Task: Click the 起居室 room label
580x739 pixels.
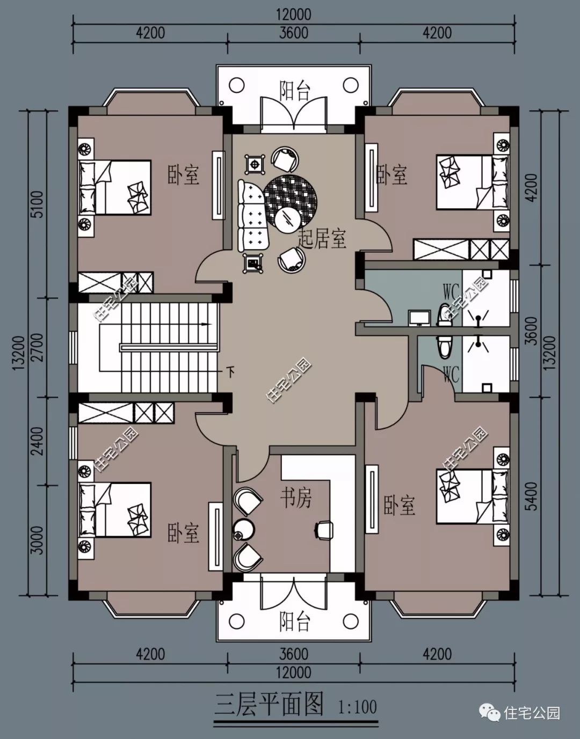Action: click(322, 238)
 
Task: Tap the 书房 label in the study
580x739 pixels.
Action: click(295, 499)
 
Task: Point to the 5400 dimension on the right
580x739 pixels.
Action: click(531, 496)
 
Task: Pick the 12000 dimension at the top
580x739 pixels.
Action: click(294, 15)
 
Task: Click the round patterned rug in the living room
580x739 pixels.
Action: click(290, 201)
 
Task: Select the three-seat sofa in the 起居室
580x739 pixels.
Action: click(253, 215)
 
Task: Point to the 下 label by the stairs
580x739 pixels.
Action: click(230, 371)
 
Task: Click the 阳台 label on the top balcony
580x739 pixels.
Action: click(295, 91)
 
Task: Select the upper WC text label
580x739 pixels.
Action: click(451, 291)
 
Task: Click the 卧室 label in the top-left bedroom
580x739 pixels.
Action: click(183, 175)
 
